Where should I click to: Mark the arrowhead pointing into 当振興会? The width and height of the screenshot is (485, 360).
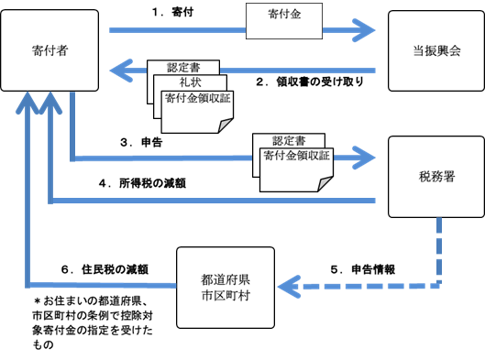coord(366,30)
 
